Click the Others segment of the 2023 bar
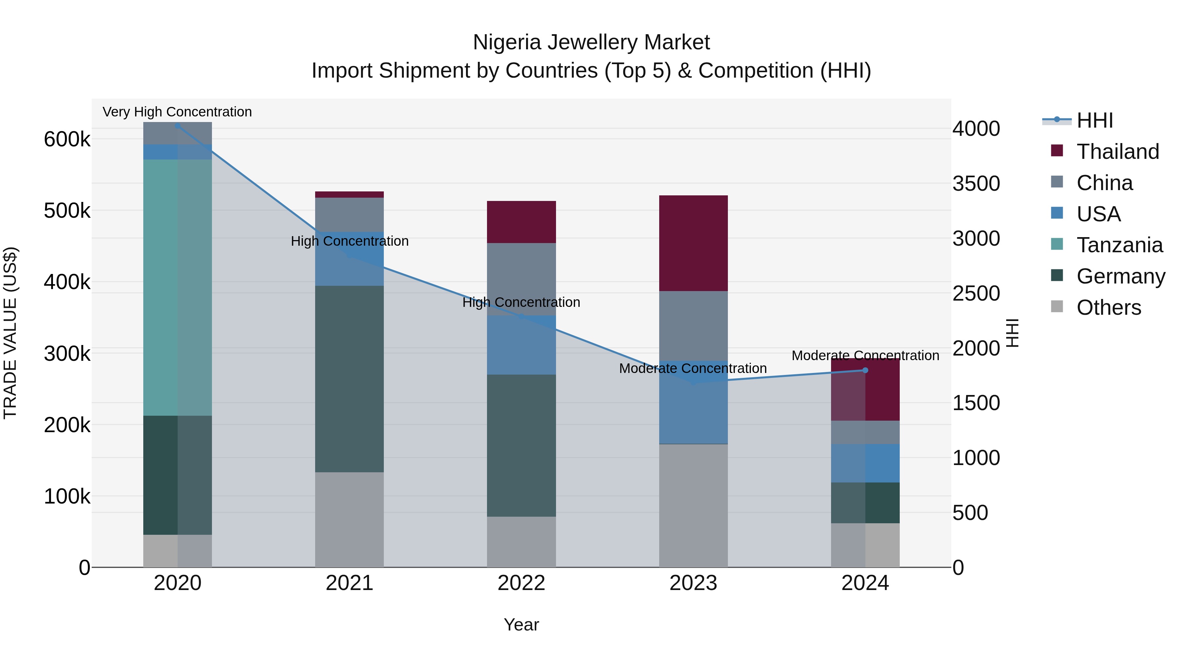click(x=693, y=505)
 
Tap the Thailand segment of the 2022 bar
click(x=521, y=222)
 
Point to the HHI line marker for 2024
click(x=865, y=370)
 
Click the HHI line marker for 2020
click(x=178, y=126)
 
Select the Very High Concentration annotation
click(x=177, y=112)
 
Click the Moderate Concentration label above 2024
click(x=865, y=355)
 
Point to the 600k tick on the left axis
click(x=67, y=139)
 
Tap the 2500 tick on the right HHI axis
click(x=976, y=293)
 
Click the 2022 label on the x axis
click(x=521, y=583)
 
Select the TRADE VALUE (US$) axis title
click(x=10, y=333)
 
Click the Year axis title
click(x=521, y=625)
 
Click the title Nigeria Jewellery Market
click(x=591, y=42)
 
